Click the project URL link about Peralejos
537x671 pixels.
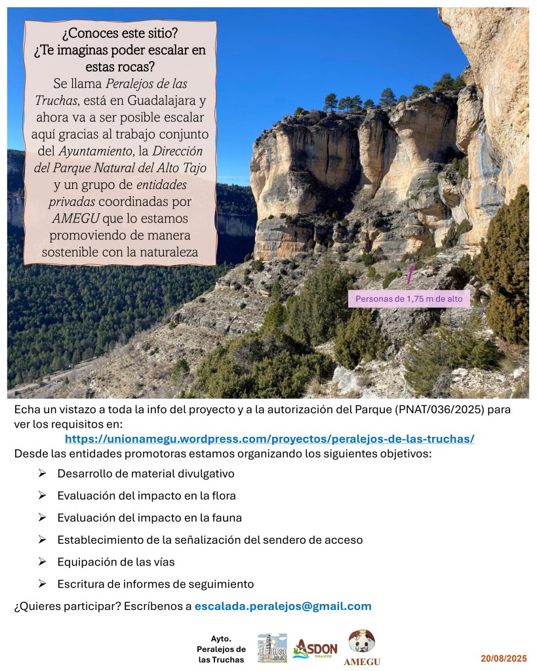coord(269,439)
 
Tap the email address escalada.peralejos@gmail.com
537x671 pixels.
coord(283,606)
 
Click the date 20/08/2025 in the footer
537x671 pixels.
coord(504,658)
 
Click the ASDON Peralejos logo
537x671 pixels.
coord(315,649)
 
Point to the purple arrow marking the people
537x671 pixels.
coord(410,273)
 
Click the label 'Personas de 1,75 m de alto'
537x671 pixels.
coord(408,299)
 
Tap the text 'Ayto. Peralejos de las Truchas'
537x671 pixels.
coord(220,649)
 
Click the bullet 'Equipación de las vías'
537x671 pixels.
coord(115,562)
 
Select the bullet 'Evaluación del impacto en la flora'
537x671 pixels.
coord(146,496)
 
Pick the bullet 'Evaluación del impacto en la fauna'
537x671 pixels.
coord(149,518)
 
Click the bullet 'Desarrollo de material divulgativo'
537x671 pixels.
coord(146,474)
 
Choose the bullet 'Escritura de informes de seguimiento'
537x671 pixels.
coord(155,584)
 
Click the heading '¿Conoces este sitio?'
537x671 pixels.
coord(120,33)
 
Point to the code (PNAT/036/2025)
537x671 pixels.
coord(430,409)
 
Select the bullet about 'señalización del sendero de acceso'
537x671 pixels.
coord(210,540)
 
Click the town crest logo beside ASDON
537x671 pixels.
coord(271,647)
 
